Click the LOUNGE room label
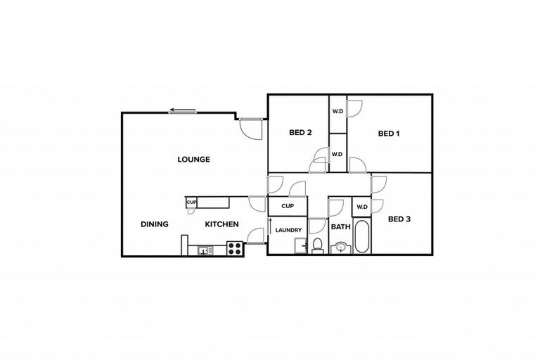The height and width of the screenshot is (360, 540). pyautogui.click(x=193, y=160)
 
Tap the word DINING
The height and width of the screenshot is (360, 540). pyautogui.click(x=154, y=224)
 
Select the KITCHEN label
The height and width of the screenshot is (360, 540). pyautogui.click(x=221, y=224)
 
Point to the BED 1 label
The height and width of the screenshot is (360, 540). pyautogui.click(x=389, y=134)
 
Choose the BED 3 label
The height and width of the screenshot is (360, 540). pyautogui.click(x=399, y=219)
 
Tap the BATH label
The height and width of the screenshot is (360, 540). pyautogui.click(x=341, y=227)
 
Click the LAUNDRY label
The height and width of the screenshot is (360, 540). pyautogui.click(x=289, y=231)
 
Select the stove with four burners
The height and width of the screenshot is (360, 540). pyautogui.click(x=235, y=247)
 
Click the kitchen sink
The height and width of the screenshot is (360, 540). pyautogui.click(x=205, y=249)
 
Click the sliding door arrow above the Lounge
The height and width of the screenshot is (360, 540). pyautogui.click(x=182, y=110)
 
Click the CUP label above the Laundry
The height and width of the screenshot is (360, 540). pyautogui.click(x=287, y=206)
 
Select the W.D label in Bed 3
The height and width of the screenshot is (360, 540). pyautogui.click(x=361, y=207)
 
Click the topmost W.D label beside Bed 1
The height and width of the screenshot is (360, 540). pyautogui.click(x=337, y=111)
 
